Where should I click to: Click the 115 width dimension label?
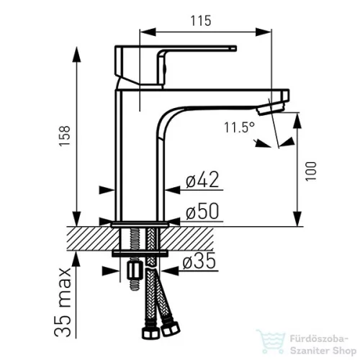coord(201,20)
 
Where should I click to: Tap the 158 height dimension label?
coord(65,135)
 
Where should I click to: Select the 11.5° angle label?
coord(239,127)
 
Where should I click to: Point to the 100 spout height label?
coord(311,171)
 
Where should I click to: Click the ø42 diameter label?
coord(202,179)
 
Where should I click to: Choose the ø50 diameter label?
coord(202,211)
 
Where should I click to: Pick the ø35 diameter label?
coord(199,261)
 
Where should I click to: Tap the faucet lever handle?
coord(176,65)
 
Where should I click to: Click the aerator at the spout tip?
coord(271,109)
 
